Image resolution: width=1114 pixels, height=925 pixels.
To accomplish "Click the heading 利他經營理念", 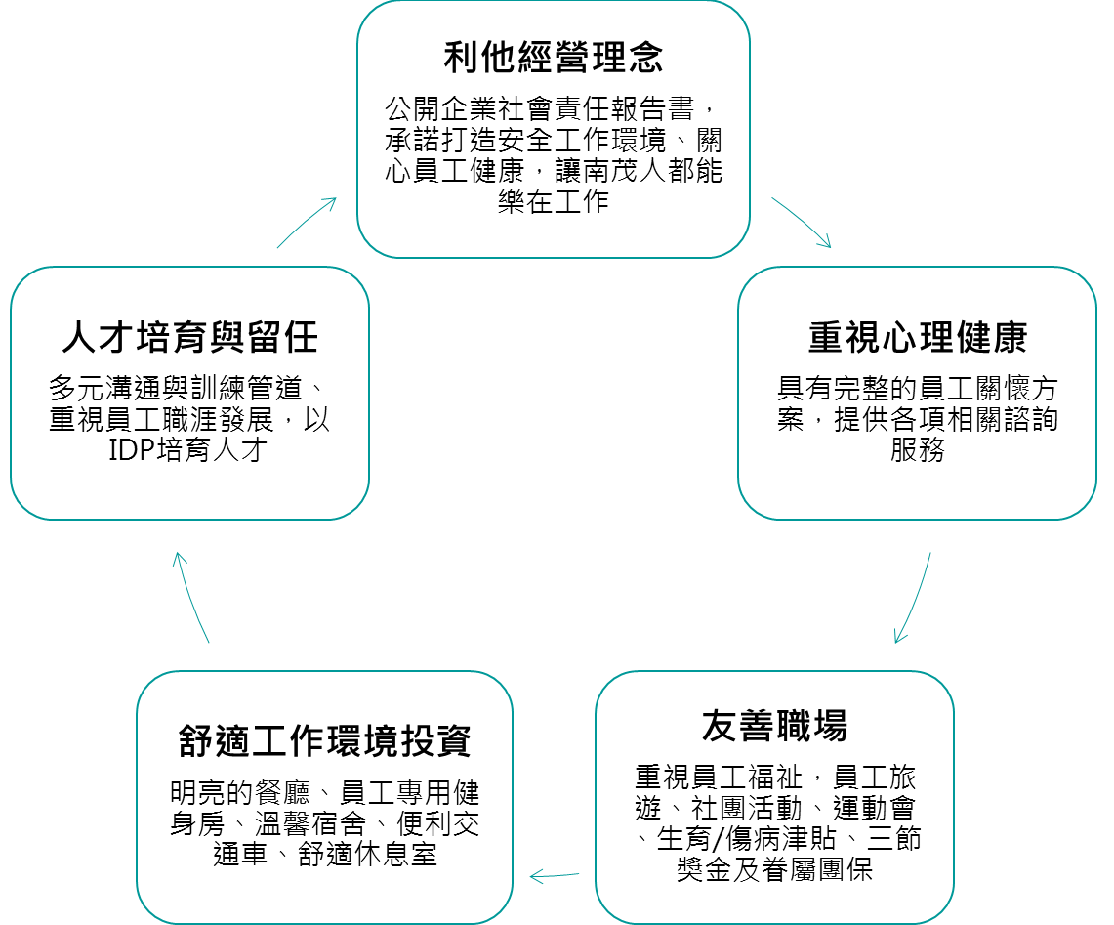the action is tap(554, 58).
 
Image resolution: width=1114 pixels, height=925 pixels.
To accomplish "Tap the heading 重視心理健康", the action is tap(917, 337).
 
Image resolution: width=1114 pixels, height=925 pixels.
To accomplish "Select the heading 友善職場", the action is tap(774, 726).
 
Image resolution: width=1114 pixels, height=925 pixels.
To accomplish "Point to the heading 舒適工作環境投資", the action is tap(325, 740).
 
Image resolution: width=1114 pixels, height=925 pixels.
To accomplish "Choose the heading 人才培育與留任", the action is tap(189, 337).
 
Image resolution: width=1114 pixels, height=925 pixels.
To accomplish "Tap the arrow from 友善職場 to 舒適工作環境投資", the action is tap(555, 876).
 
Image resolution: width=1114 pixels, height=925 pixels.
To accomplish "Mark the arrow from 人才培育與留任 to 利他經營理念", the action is tap(307, 223).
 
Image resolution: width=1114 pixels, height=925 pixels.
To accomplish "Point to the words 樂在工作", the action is tap(554, 202).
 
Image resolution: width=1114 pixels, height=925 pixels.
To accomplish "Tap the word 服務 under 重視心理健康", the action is tap(917, 450).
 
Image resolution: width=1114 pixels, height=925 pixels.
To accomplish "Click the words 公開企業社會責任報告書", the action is tap(539, 108).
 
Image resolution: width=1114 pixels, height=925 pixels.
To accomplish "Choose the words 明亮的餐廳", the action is tap(240, 792).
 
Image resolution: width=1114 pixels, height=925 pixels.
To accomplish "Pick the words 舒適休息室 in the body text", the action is tap(367, 854).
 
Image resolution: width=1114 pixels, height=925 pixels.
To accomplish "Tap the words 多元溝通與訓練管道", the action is tap(176, 388).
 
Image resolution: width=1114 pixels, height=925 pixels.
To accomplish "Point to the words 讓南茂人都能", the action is tap(639, 171).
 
